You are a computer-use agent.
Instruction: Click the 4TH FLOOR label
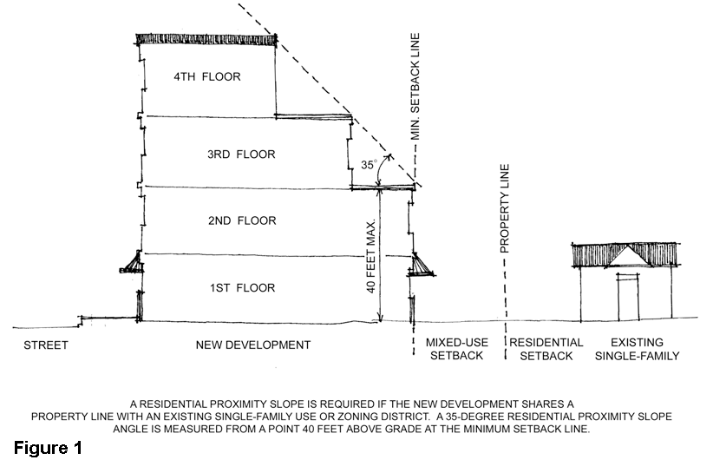[x=206, y=76]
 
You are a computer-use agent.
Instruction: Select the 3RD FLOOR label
[x=241, y=154]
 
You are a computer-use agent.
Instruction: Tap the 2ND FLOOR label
[x=241, y=220]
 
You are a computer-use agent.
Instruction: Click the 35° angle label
[x=368, y=163]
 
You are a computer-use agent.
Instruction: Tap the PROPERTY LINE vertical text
[x=505, y=208]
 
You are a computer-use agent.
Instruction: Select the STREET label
[x=45, y=345]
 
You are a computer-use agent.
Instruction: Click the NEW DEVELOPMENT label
[x=252, y=345]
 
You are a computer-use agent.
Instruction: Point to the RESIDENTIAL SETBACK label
[x=546, y=350]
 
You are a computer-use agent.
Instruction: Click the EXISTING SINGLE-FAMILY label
[x=643, y=350]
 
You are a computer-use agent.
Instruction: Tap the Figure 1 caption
[x=47, y=450]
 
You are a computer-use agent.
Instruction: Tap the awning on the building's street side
[x=131, y=261]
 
